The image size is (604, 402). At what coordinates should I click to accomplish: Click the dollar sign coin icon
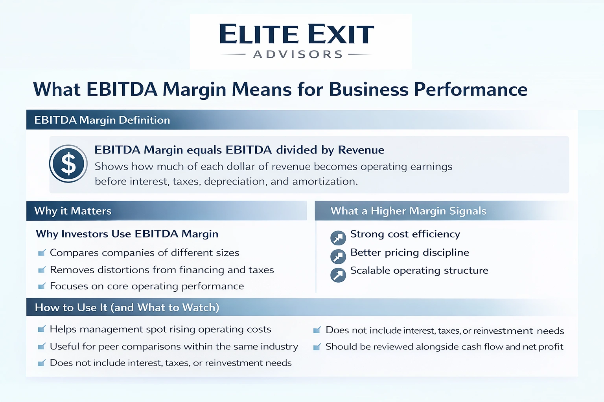pyautogui.click(x=68, y=164)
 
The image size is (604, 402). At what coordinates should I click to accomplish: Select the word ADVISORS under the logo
pyautogui.click(x=298, y=55)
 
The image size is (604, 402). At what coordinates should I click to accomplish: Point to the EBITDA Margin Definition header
pyautogui.click(x=102, y=120)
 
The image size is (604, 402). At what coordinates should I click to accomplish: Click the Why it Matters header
pyautogui.click(x=73, y=211)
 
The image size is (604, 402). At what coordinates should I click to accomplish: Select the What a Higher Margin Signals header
pyautogui.click(x=408, y=211)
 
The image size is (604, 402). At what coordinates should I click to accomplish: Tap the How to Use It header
pyautogui.click(x=127, y=307)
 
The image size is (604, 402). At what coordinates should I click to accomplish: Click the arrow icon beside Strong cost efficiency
pyautogui.click(x=338, y=238)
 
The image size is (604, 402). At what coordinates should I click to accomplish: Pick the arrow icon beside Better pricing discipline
pyautogui.click(x=338, y=256)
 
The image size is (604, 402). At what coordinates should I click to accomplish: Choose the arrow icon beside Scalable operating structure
pyautogui.click(x=338, y=275)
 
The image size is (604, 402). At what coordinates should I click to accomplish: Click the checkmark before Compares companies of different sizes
pyautogui.click(x=42, y=253)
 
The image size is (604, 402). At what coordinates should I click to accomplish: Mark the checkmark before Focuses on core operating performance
pyautogui.click(x=42, y=286)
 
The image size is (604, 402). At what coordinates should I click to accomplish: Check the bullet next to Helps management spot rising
pyautogui.click(x=42, y=329)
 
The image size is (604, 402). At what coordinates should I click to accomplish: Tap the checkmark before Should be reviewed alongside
pyautogui.click(x=317, y=347)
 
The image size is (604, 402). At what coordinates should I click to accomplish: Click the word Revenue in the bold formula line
pyautogui.click(x=361, y=150)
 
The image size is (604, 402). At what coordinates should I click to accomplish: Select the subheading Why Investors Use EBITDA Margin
pyautogui.click(x=127, y=234)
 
